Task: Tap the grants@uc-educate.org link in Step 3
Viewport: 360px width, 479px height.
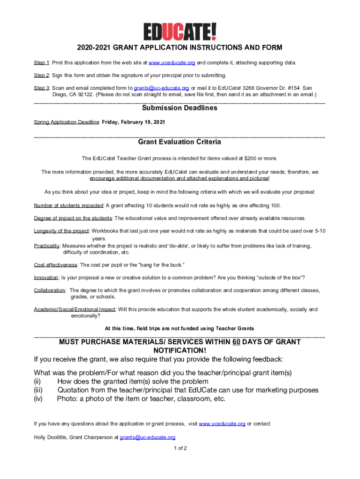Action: [161, 88]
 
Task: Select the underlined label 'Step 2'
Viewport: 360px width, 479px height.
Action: [42, 75]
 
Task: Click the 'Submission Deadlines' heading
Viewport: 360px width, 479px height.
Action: [180, 108]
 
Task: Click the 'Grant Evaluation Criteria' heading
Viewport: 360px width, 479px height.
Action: [180, 142]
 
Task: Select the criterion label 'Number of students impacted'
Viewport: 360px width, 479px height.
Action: [68, 206]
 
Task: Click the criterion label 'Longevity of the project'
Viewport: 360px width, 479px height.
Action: [62, 231]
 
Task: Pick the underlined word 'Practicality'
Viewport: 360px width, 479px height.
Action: [47, 246]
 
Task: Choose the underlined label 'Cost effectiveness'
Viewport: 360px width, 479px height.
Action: [56, 265]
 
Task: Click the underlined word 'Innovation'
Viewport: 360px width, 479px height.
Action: [46, 277]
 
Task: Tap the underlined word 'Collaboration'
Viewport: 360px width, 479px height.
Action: [50, 290]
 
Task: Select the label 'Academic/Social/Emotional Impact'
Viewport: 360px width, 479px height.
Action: [74, 310]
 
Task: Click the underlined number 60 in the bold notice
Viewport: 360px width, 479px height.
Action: [236, 342]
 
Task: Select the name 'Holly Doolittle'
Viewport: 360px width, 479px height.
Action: [50, 437]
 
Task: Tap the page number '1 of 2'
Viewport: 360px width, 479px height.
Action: [180, 448]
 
